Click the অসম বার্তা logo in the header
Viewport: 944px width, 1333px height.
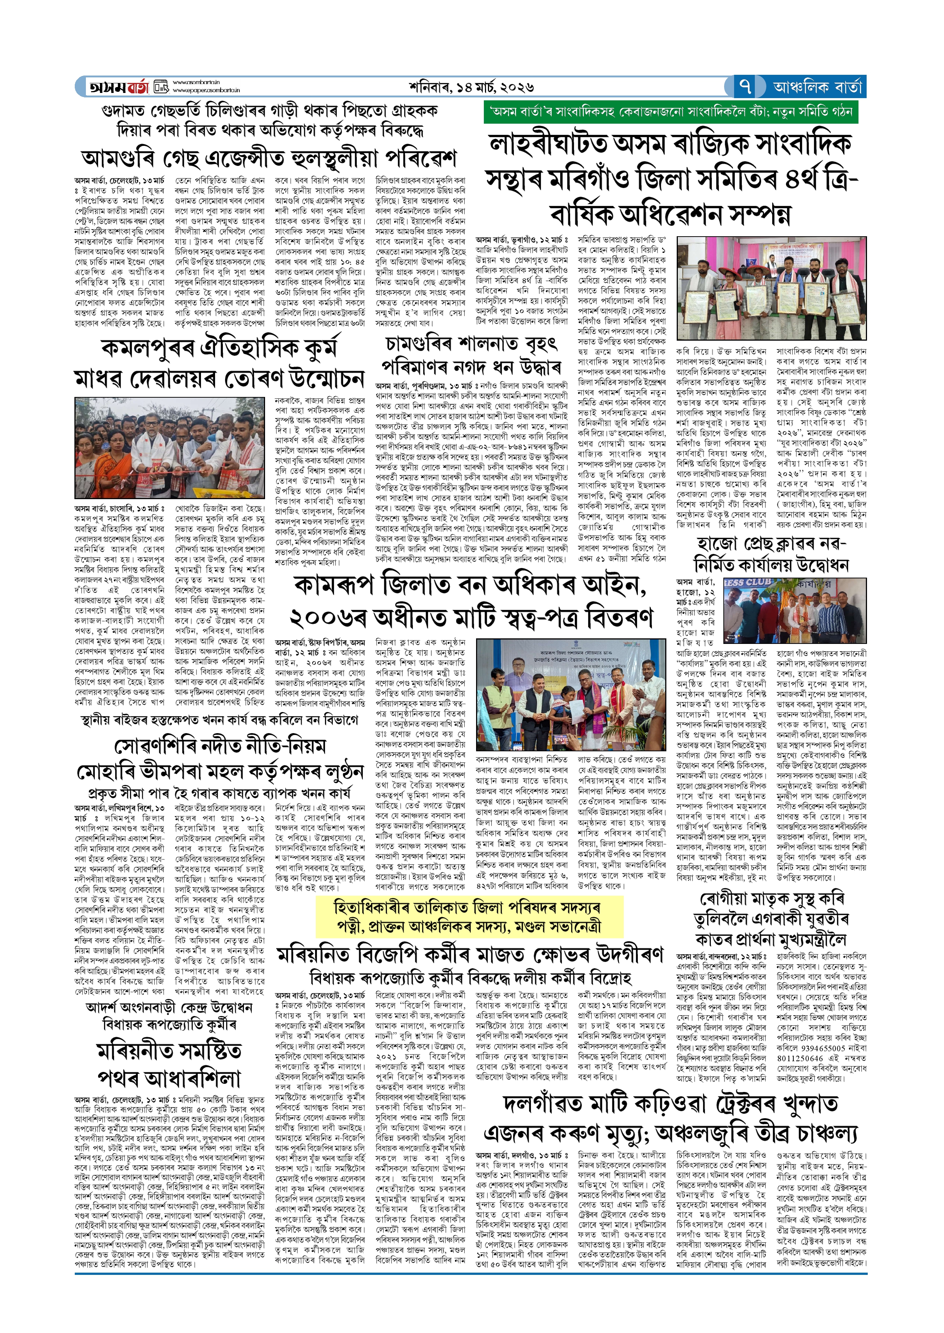click(x=119, y=87)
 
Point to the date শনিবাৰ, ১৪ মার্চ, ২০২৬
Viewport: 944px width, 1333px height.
click(x=471, y=87)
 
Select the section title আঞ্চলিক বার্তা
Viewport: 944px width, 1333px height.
click(x=817, y=87)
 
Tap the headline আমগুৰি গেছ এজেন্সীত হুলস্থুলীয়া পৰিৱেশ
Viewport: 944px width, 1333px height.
click(x=268, y=158)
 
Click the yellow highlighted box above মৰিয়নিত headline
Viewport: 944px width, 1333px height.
click(x=470, y=917)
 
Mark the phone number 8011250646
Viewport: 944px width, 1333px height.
click(x=803, y=1058)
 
